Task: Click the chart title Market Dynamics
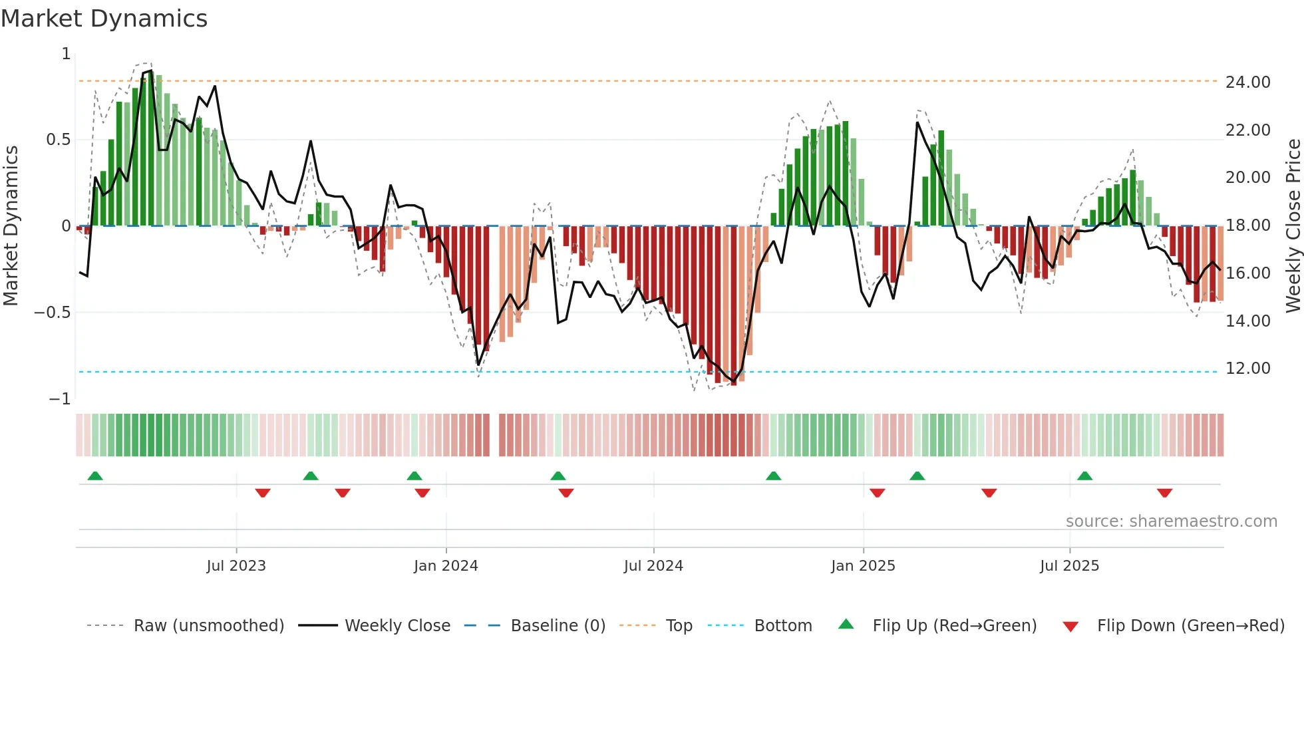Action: [104, 19]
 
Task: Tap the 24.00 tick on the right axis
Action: [1247, 82]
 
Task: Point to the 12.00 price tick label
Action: [1247, 368]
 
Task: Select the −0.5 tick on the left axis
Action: [53, 313]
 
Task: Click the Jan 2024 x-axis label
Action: [446, 566]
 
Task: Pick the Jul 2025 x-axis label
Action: [1069, 566]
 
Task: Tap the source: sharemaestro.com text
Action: [1171, 521]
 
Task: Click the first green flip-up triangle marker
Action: [95, 476]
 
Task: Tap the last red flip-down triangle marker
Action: [1164, 493]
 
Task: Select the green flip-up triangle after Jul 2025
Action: [1084, 476]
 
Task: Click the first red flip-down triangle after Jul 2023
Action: [263, 493]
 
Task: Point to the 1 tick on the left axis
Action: [66, 54]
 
